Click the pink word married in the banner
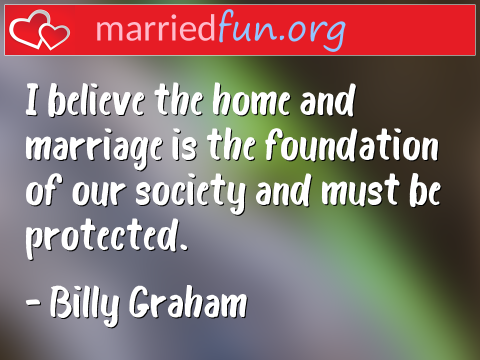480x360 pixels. coord(155,28)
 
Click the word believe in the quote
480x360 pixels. coord(96,100)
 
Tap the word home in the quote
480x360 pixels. coord(251,100)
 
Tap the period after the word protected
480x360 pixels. coord(183,246)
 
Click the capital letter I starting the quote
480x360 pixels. coord(31,100)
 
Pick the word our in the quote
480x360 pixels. coord(98,194)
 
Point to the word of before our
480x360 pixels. coord(44,190)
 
